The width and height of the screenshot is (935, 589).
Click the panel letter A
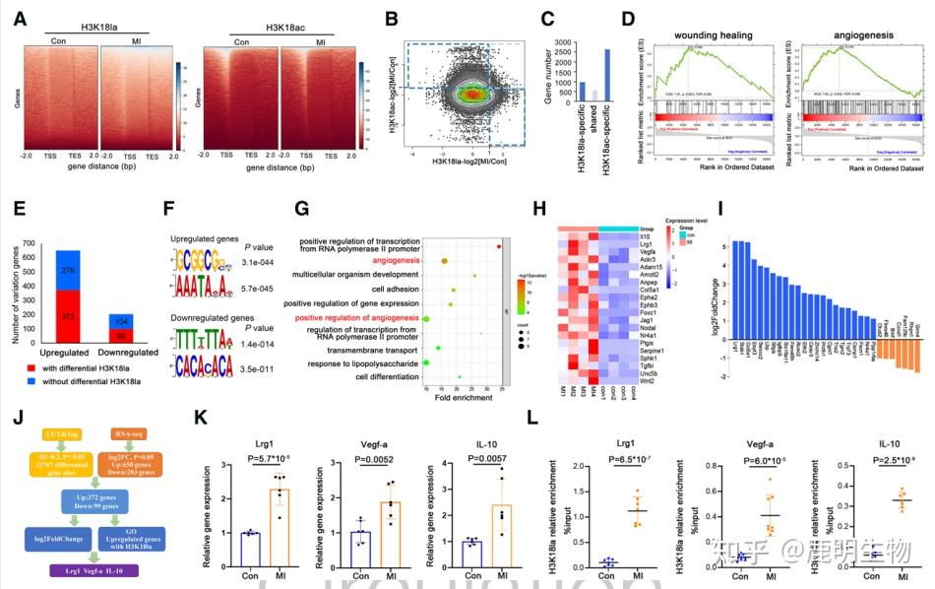[x=19, y=19]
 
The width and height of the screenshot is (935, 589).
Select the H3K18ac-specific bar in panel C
[x=606, y=75]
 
